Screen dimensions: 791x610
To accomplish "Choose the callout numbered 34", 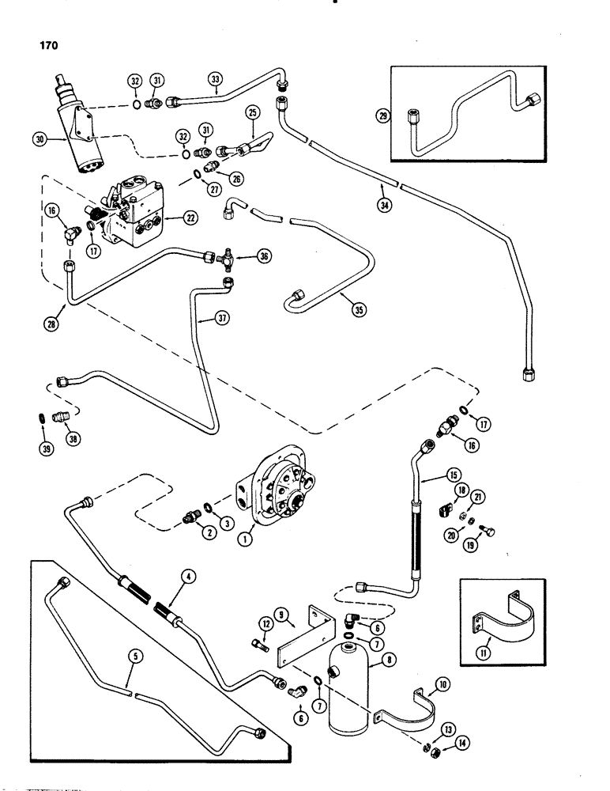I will tap(383, 208).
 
